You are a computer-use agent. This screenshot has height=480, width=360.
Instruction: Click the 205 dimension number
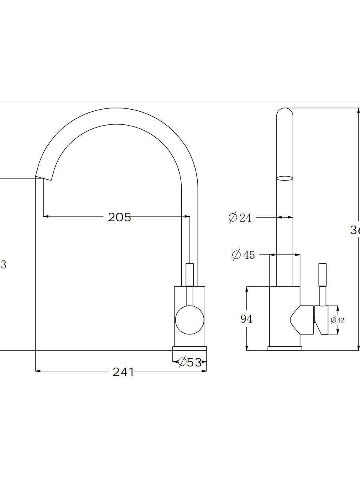[119, 217]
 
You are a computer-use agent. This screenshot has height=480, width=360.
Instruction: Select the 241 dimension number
[123, 372]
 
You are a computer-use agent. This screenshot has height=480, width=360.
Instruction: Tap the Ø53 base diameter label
[190, 362]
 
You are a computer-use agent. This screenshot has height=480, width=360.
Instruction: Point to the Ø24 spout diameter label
[240, 218]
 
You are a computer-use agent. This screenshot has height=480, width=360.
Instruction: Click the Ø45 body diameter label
[244, 255]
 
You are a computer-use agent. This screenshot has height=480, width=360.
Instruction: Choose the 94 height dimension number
[246, 319]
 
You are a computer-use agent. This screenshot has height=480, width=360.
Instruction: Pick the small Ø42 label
[337, 320]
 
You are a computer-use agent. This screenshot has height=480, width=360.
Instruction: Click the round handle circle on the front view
[190, 320]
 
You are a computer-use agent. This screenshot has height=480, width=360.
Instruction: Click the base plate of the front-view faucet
[190, 349]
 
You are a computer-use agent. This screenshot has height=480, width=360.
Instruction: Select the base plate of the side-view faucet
[285, 348]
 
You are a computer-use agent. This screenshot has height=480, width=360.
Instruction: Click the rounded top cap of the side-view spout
[285, 112]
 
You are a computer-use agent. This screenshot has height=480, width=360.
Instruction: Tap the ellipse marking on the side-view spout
[285, 178]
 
